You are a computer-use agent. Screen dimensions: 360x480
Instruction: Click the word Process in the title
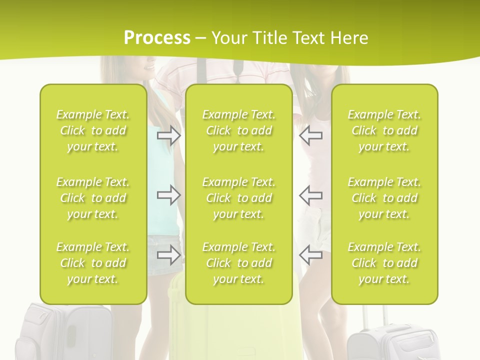[157, 38]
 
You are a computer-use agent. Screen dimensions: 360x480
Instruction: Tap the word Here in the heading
[349, 38]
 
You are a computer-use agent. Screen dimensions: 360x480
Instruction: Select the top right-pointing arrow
[169, 135]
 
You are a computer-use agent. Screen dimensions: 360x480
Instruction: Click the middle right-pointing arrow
[169, 194]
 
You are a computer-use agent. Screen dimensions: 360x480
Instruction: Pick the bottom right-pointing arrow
[169, 254]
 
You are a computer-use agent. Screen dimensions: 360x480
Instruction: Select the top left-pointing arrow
[311, 135]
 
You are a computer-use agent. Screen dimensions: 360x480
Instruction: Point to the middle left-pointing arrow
[311, 194]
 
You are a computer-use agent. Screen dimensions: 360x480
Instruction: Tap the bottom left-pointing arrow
[311, 254]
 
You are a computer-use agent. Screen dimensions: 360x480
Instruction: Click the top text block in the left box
[93, 130]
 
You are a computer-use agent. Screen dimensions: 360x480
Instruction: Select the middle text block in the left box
[93, 198]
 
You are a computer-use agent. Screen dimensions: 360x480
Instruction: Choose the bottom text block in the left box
[93, 263]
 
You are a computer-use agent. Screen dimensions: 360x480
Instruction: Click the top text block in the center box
[239, 130]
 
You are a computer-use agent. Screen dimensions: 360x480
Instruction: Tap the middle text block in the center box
[239, 198]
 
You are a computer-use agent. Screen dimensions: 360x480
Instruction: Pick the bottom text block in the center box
[239, 263]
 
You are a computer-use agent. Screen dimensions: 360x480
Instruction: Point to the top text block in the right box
[384, 130]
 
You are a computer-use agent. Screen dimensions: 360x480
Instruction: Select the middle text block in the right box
[384, 198]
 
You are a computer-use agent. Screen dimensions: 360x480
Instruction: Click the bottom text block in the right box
[384, 263]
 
